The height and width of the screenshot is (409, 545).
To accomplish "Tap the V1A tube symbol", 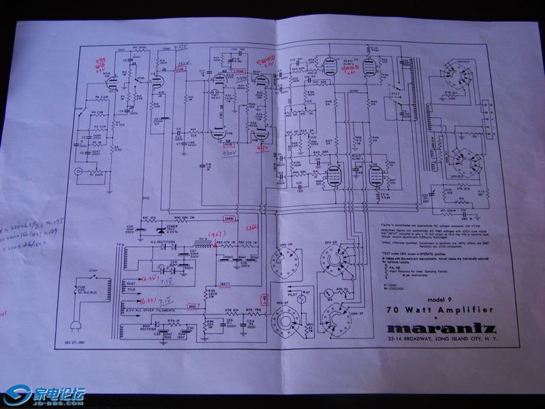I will [111, 82].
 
